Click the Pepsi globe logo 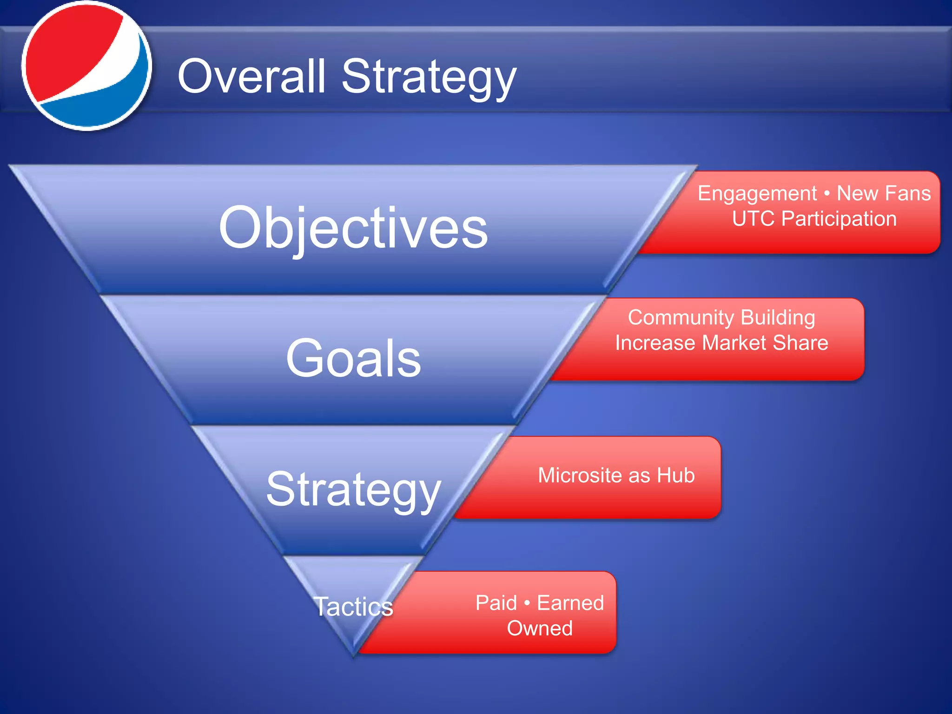[x=86, y=65]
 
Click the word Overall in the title [x=251, y=77]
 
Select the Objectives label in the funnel [x=353, y=228]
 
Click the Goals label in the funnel [x=353, y=358]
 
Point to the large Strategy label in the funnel [x=353, y=489]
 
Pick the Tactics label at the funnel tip [x=353, y=607]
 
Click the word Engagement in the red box [x=757, y=193]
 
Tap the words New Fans [x=884, y=193]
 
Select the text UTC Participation [x=814, y=219]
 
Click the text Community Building [x=721, y=317]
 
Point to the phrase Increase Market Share [x=721, y=343]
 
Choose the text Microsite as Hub [x=616, y=476]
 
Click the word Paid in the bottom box [x=496, y=603]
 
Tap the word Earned [x=570, y=603]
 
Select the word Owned [x=540, y=628]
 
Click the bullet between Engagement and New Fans [x=826, y=193]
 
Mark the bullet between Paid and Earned [x=527, y=603]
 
